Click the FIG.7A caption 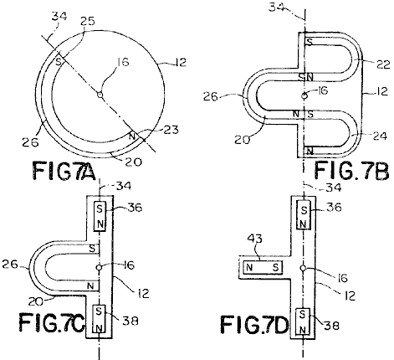click(64, 171)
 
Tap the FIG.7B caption click(352, 170)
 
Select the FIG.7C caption click(52, 321)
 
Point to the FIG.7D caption click(254, 324)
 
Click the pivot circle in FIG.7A click(100, 95)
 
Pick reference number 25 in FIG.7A click(87, 21)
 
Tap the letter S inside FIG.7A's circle click(59, 61)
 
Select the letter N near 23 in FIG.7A click(132, 136)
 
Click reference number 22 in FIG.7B click(382, 64)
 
